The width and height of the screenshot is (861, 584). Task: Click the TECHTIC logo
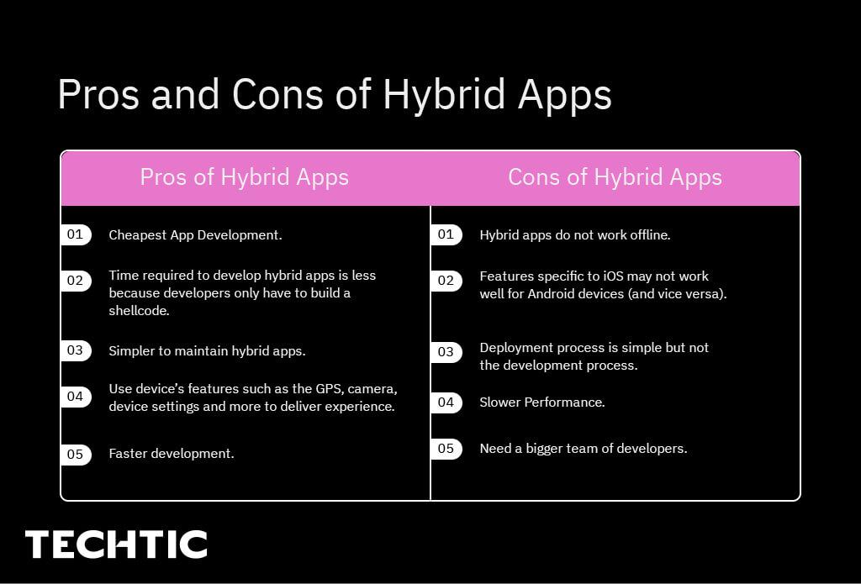116,545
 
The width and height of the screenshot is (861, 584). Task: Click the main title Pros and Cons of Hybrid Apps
334,94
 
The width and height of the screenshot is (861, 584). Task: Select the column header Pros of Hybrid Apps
244,177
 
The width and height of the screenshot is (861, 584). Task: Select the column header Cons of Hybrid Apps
615,177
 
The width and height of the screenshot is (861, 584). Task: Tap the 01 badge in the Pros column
76,234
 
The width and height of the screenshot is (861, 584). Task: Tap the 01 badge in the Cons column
446,234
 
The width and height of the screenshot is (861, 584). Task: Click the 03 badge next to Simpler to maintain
76,350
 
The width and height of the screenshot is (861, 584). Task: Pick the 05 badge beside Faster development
76,454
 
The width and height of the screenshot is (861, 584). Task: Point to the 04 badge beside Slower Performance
446,402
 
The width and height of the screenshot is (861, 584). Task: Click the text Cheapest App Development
195,235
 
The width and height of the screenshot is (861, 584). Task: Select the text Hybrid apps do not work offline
574,235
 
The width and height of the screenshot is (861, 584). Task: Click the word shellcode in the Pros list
138,311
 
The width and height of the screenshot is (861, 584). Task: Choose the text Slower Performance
541,402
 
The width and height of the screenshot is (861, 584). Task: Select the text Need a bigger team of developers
583,449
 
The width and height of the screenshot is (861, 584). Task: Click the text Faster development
172,454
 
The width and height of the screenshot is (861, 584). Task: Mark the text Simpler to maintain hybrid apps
207,351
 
